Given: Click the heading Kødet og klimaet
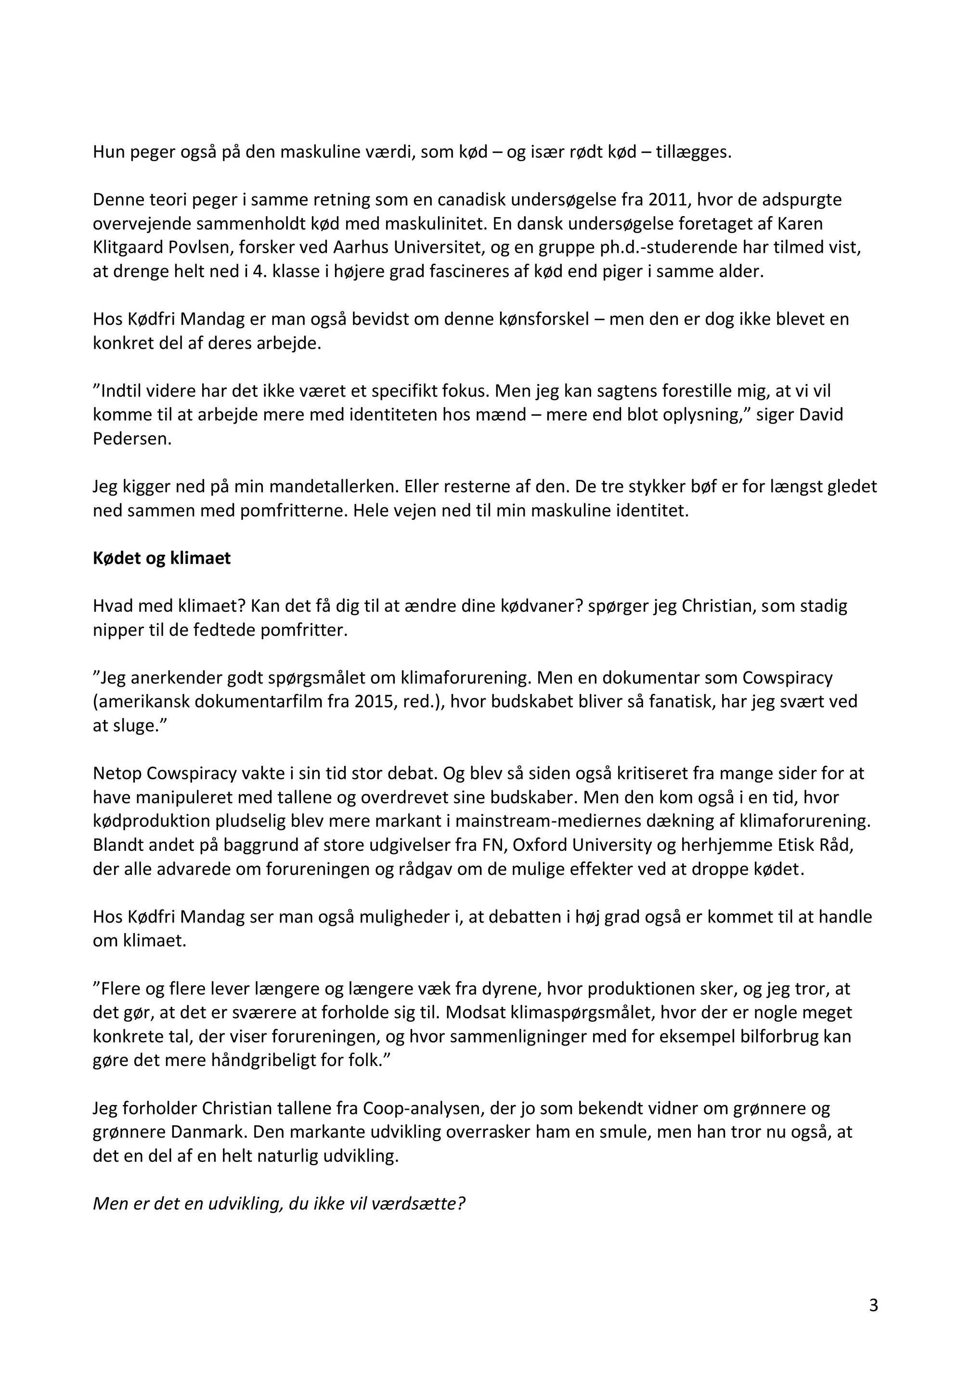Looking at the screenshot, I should (162, 558).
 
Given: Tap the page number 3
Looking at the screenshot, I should (873, 1305).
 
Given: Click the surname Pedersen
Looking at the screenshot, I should (132, 438).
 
